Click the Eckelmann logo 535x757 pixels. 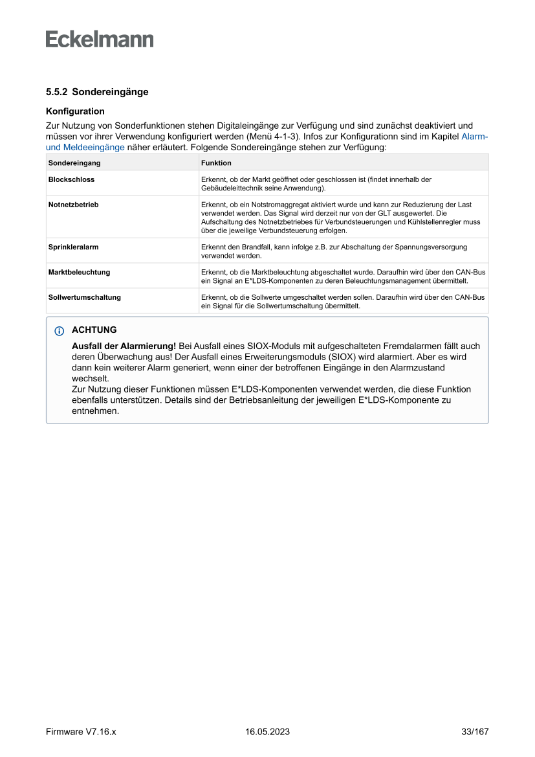coord(100,39)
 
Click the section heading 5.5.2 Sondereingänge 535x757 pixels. coord(97,92)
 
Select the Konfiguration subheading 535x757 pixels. coord(75,111)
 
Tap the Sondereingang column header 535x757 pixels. coord(74,163)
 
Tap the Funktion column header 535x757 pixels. coord(216,163)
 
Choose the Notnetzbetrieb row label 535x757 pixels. coord(73,205)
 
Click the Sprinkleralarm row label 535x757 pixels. coord(73,247)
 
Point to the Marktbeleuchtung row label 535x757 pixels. coord(79,273)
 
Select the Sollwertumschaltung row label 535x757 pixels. coord(84,298)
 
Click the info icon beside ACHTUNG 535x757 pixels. coord(60,331)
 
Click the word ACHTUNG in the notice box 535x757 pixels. coord(94,330)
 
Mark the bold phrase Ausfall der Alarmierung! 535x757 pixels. coord(124,346)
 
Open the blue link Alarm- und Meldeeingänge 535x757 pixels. coord(85,147)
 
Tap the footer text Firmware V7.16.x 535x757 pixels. coord(81,732)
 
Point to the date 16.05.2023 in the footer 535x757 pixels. coord(267,732)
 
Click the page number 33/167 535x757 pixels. coord(475,732)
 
